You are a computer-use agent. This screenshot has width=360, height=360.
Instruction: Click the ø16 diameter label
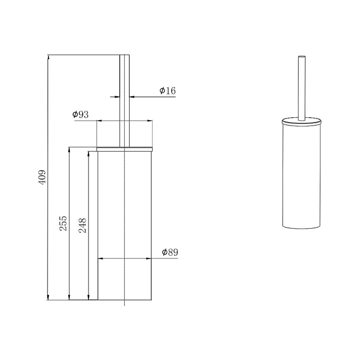168,91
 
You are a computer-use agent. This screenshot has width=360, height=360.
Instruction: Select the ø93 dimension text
80,114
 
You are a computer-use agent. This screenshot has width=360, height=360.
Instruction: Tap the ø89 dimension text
170,252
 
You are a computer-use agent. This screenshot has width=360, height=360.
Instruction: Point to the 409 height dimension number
42,177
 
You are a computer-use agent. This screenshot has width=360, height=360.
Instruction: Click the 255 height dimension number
63,223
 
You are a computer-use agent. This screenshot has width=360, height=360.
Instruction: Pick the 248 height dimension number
82,225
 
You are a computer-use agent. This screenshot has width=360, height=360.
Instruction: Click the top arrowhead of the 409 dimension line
48,57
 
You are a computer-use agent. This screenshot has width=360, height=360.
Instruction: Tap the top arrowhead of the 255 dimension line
69,149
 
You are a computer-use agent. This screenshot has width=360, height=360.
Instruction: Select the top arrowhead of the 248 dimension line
89,154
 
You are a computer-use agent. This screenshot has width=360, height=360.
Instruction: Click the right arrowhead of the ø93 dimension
150,121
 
